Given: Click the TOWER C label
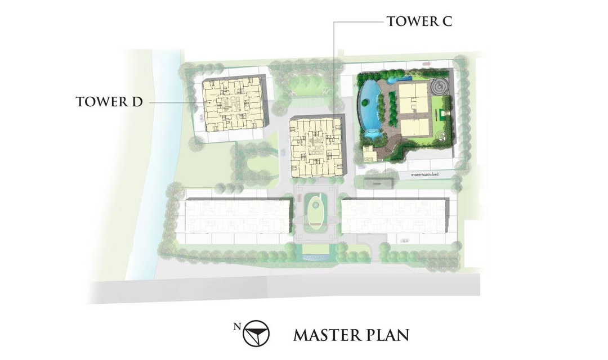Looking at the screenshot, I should point(419,22).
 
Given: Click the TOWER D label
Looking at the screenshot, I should point(110,102).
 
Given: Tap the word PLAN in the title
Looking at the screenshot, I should point(388,335).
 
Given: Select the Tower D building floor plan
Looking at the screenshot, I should point(233,104).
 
